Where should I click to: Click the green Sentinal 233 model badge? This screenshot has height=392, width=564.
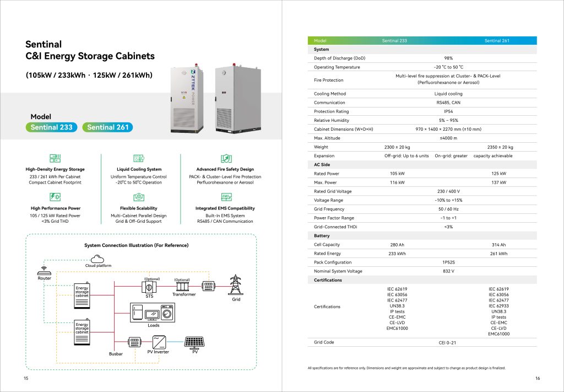tap(52, 127)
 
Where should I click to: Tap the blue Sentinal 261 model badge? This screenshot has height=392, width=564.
tap(108, 127)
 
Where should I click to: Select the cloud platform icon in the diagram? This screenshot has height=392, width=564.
tap(98, 258)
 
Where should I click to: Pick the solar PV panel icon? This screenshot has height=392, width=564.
tap(194, 342)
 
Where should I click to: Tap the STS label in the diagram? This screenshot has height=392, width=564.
tap(149, 296)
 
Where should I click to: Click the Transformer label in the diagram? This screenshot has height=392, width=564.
tap(184, 294)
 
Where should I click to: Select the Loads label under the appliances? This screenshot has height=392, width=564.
tap(154, 325)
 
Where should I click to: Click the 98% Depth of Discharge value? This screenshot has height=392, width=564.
tap(448, 58)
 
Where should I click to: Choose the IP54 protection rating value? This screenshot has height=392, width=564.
tap(448, 111)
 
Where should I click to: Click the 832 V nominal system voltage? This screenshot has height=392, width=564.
tap(448, 271)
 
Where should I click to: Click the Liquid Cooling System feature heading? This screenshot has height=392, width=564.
tap(139, 169)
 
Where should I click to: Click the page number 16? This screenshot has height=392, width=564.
tap(538, 378)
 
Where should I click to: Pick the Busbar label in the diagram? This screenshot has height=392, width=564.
tap(116, 353)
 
